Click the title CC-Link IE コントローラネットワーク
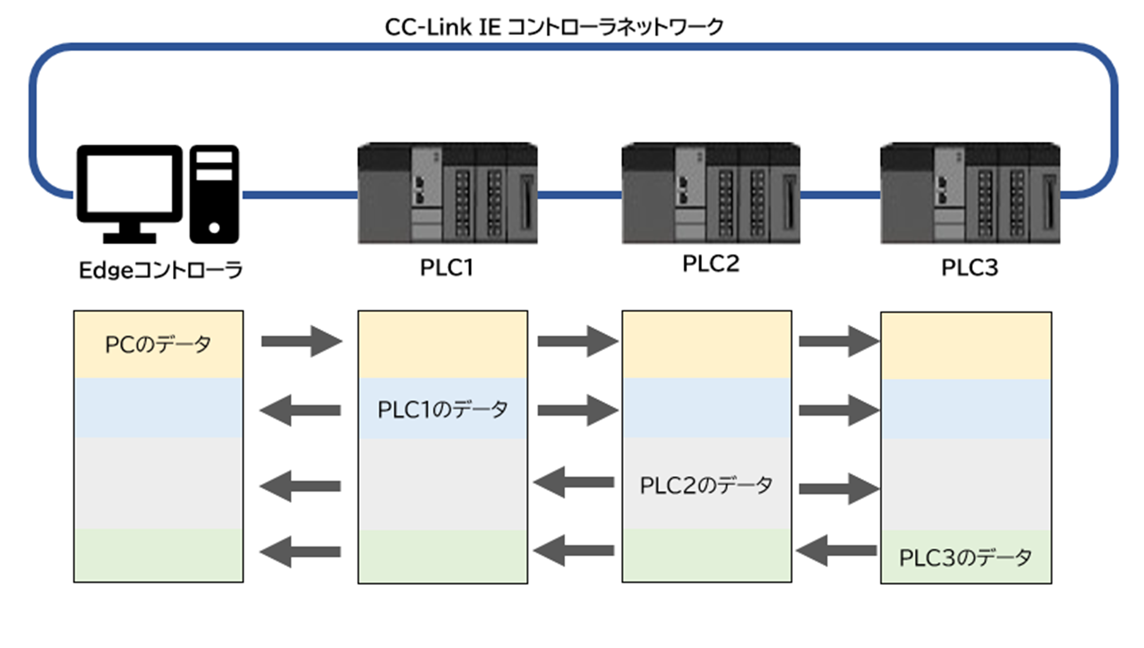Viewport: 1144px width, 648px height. point(554,27)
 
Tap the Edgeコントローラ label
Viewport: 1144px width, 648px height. point(160,270)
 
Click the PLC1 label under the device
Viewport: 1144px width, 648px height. point(446,268)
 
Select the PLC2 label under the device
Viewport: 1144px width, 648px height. point(710,264)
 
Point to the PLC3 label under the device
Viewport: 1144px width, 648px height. point(969,268)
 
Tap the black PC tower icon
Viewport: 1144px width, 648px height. point(214,194)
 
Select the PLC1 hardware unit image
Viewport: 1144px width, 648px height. point(447,193)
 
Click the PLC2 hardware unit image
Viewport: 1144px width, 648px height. point(711,193)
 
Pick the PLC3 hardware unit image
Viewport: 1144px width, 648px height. point(970,193)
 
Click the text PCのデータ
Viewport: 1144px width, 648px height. point(158,345)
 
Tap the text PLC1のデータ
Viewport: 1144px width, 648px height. point(442,410)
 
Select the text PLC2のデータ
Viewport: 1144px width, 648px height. point(706,486)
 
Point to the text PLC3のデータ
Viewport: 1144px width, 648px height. point(965,558)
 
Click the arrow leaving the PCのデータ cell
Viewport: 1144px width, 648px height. point(301,342)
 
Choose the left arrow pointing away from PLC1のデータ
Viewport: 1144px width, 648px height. point(301,411)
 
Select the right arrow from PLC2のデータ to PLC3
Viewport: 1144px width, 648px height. point(838,488)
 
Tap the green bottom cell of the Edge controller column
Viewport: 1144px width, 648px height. point(158,555)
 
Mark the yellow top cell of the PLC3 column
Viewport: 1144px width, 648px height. point(966,346)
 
